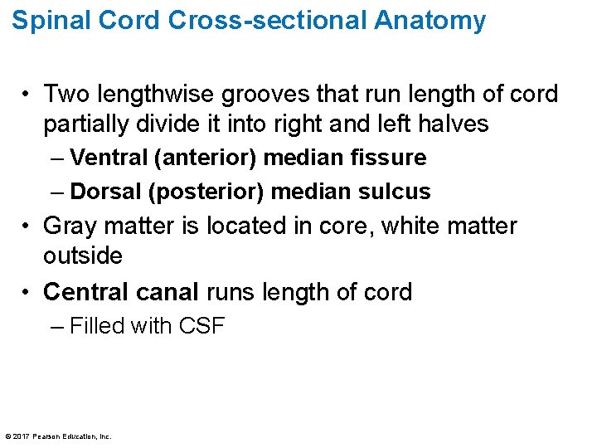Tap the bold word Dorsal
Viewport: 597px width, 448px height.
107,192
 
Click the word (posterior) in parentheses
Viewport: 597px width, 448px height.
207,192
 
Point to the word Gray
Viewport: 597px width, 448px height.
70,226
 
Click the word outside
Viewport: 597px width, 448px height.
83,256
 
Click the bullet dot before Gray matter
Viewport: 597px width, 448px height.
27,226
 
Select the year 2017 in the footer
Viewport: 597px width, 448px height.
20,436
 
